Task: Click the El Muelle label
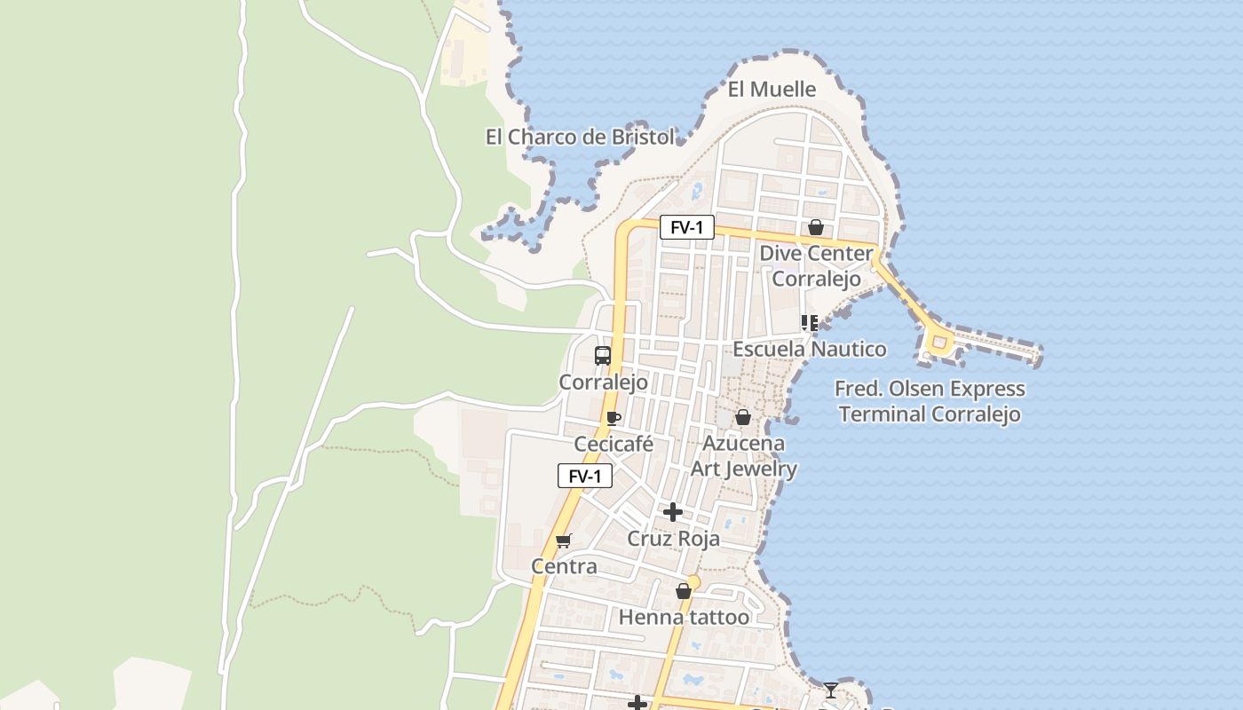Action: tap(772, 89)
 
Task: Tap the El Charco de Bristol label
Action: tap(580, 137)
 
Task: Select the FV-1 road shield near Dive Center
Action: tap(686, 228)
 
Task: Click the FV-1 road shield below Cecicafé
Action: tap(585, 476)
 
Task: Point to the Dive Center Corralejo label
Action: tap(816, 265)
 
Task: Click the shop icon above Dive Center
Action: tap(815, 227)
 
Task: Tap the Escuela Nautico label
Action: tap(809, 349)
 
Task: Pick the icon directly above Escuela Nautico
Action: tap(809, 323)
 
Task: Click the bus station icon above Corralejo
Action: tap(603, 356)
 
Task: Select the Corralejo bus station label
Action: tap(603, 383)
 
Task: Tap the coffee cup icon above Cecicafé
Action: tap(613, 418)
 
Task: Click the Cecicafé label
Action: tap(614, 444)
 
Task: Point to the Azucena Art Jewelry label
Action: tap(744, 455)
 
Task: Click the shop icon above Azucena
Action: tap(743, 417)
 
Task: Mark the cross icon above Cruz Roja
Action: tap(673, 512)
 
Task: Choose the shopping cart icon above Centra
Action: tap(563, 540)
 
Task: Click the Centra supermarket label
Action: tap(564, 566)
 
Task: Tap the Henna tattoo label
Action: tap(684, 617)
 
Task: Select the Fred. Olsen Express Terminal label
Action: tap(930, 401)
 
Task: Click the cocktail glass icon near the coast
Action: tap(830, 690)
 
